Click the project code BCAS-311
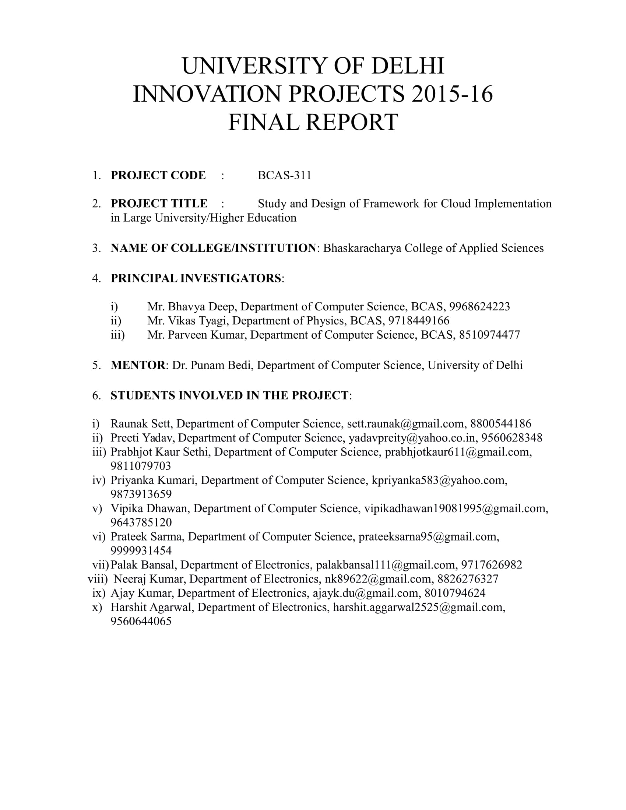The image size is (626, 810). pyautogui.click(x=284, y=175)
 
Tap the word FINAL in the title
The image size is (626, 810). pyautogui.click(x=261, y=123)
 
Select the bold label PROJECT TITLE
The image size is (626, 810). pyautogui.click(x=159, y=204)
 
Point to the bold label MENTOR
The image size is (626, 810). pyautogui.click(x=138, y=365)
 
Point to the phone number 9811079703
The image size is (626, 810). pyautogui.click(x=141, y=466)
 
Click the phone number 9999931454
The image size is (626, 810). pyautogui.click(x=141, y=551)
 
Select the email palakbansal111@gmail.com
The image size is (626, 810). pyautogui.click(x=385, y=565)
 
